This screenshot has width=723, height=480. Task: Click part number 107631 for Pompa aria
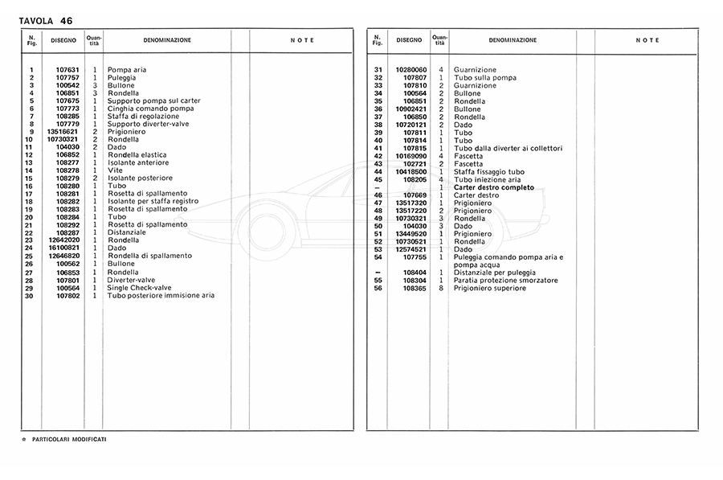pyautogui.click(x=67, y=70)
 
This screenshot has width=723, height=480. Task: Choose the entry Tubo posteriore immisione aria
pyautogui.click(x=161, y=295)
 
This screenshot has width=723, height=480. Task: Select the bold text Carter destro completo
pyautogui.click(x=493, y=187)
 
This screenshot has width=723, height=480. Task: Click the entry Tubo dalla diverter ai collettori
pyautogui.click(x=508, y=148)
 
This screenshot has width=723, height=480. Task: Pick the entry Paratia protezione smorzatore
pyautogui.click(x=505, y=280)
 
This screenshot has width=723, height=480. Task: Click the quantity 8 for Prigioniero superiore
pyautogui.click(x=441, y=288)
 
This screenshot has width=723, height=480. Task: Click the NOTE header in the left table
pyautogui.click(x=302, y=40)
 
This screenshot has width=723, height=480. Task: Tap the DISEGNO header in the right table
pyautogui.click(x=409, y=40)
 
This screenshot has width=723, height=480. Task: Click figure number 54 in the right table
pyautogui.click(x=378, y=256)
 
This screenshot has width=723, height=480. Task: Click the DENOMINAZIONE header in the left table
pyautogui.click(x=167, y=40)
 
